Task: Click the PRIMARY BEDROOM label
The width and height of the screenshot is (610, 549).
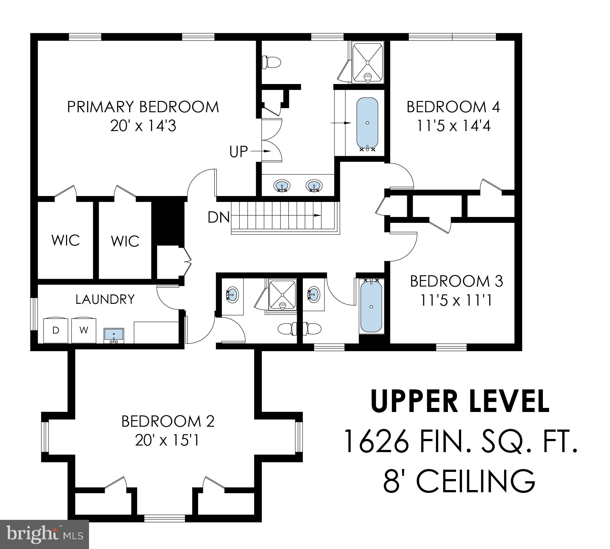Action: click(x=143, y=107)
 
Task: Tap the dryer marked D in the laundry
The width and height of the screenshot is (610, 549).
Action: click(x=55, y=330)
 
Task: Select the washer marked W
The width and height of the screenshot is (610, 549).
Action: click(x=83, y=330)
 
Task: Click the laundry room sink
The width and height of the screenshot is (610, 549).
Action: click(x=114, y=335)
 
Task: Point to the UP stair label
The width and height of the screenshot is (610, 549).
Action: click(x=239, y=152)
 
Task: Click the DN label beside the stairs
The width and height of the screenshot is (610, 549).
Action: click(x=218, y=217)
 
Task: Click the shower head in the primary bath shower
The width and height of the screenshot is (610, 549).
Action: click(x=367, y=76)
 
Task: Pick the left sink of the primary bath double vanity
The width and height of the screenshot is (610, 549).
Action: click(x=282, y=186)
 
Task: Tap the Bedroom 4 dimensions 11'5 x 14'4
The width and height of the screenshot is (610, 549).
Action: click(x=453, y=126)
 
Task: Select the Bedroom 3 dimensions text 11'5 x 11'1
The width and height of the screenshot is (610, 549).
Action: click(x=456, y=300)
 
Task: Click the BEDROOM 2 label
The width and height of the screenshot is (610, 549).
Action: click(x=168, y=421)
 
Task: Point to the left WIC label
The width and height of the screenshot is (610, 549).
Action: click(x=66, y=240)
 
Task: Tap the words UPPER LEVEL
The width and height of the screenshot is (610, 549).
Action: click(x=460, y=401)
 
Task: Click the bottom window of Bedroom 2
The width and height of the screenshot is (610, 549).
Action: click(x=164, y=518)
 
